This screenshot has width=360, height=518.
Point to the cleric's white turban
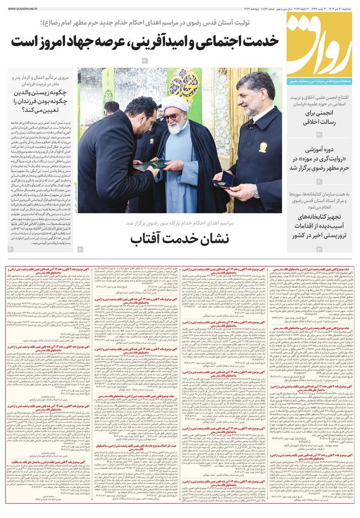click(177, 104)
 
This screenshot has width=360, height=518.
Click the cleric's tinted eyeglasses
click(173, 117)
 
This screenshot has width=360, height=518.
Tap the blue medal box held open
click(224, 178)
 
